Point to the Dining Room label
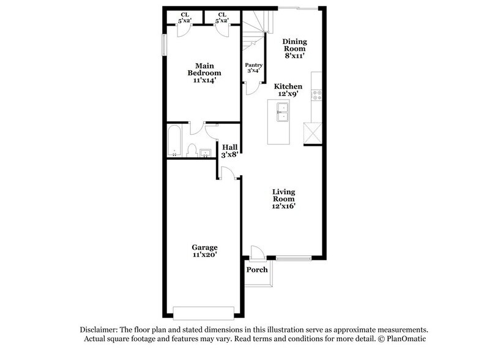(294, 48)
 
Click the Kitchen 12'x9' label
(288, 91)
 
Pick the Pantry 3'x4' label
(253, 68)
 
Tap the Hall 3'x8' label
(230, 151)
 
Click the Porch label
(257, 270)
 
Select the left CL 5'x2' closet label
(184, 18)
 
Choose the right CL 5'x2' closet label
(221, 18)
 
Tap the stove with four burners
(318, 96)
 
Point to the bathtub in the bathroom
(173, 141)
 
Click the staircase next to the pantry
(253, 31)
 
